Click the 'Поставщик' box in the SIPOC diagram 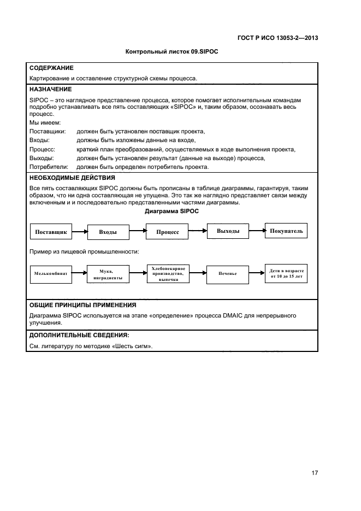coord(51,232)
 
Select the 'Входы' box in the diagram coord(108,232)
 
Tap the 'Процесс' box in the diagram coord(168,232)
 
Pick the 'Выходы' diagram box coord(228,231)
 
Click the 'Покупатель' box coord(286,231)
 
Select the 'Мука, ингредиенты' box coord(106,274)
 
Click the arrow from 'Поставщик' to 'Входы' coord(80,232)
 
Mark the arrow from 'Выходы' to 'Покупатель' coord(257,231)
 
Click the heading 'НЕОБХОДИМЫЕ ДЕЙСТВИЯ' coord(72,178)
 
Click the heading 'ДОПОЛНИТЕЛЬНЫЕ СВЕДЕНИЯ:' coord(79,335)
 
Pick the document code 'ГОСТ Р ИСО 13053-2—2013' coord(279,38)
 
